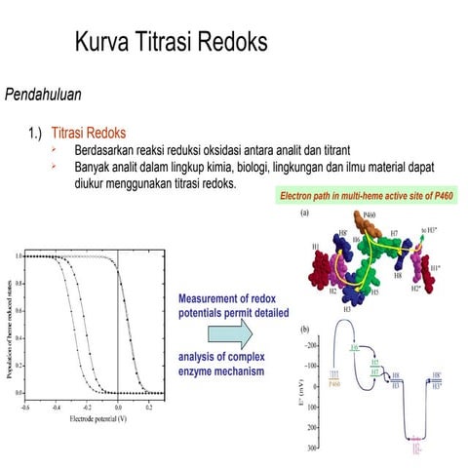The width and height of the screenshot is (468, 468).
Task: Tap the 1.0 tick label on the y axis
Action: click(19, 255)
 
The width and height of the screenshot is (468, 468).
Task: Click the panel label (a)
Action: click(305, 213)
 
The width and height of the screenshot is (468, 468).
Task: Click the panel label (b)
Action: click(305, 331)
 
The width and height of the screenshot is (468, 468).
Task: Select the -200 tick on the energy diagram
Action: click(310, 346)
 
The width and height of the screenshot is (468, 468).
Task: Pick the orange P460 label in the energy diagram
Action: click(336, 381)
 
